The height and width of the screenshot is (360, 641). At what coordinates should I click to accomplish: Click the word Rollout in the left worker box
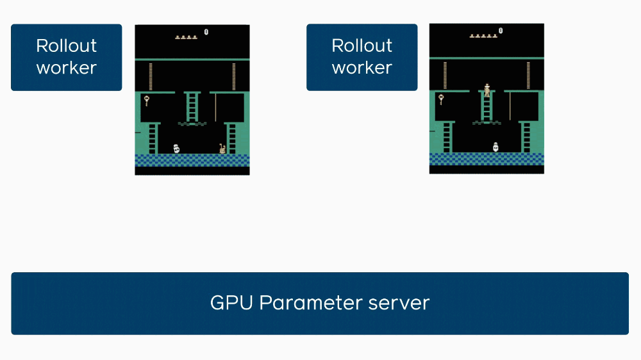click(x=66, y=46)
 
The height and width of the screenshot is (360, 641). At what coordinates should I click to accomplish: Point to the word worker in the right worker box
click(x=362, y=68)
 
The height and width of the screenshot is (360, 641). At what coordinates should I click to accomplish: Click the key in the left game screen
click(x=146, y=100)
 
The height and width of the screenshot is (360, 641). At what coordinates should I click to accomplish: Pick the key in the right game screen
click(x=441, y=99)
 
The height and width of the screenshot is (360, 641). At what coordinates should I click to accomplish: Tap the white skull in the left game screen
click(x=176, y=149)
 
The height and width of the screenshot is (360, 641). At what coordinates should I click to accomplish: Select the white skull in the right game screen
click(x=495, y=147)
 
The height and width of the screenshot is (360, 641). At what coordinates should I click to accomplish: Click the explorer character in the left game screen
click(x=222, y=149)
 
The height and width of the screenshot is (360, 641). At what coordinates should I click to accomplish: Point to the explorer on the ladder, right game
click(x=487, y=90)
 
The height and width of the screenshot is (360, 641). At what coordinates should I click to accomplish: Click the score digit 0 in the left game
click(x=206, y=31)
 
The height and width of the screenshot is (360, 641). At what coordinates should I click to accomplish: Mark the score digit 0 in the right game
click(x=501, y=30)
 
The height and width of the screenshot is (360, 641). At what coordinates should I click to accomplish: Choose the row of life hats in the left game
click(x=186, y=37)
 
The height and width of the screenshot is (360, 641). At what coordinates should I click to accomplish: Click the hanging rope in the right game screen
click(x=510, y=106)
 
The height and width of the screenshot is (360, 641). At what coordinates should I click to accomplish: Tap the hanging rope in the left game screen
click(x=215, y=107)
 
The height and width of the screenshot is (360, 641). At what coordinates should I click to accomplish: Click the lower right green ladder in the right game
click(x=526, y=136)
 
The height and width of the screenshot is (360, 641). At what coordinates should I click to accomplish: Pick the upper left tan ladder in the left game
click(x=151, y=76)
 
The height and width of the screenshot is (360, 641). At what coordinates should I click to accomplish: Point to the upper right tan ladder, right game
click(x=528, y=75)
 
